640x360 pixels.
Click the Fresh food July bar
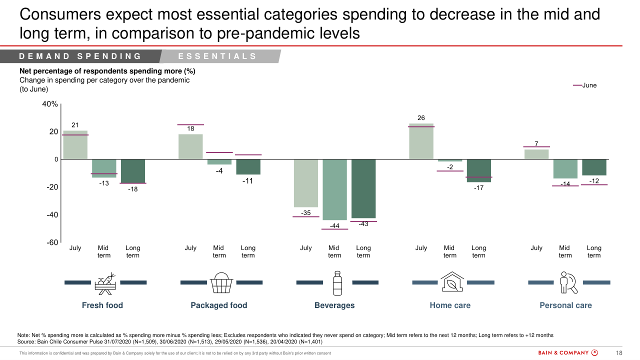click(75, 145)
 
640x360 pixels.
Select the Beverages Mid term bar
click(334, 189)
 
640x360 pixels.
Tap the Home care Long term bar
click(479, 170)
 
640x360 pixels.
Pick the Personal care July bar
click(536, 154)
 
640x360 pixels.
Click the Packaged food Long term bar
click(248, 167)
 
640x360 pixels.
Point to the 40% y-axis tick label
click(49, 104)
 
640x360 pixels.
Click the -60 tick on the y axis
click(52, 242)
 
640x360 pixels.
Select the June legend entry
click(585, 85)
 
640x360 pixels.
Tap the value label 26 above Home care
click(421, 118)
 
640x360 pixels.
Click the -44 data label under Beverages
click(334, 226)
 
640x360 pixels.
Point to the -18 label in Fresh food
click(132, 189)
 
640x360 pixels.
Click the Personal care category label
click(565, 305)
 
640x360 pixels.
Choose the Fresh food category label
click(102, 305)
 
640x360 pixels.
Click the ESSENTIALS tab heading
click(217, 56)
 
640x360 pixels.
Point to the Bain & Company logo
click(568, 352)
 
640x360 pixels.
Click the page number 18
click(618, 353)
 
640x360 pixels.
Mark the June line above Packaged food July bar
click(190, 124)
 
